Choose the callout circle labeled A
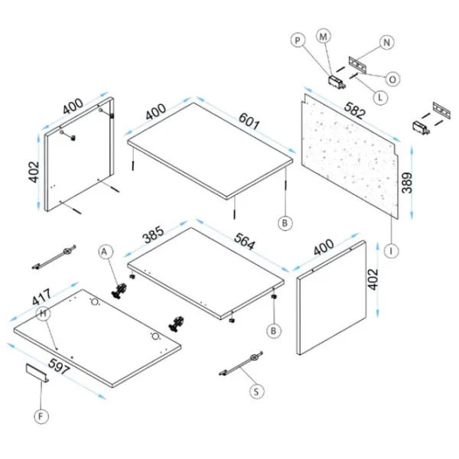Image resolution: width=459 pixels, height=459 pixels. click(x=106, y=251)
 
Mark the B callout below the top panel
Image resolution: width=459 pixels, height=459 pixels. click(x=284, y=223)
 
